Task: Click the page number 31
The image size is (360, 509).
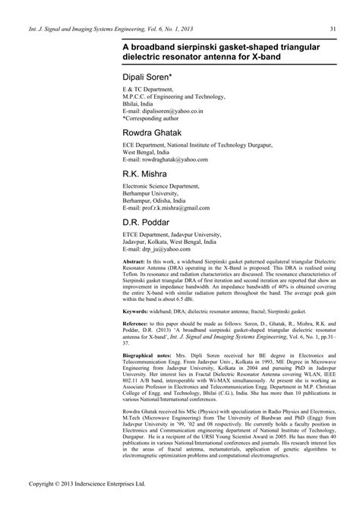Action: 333,30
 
